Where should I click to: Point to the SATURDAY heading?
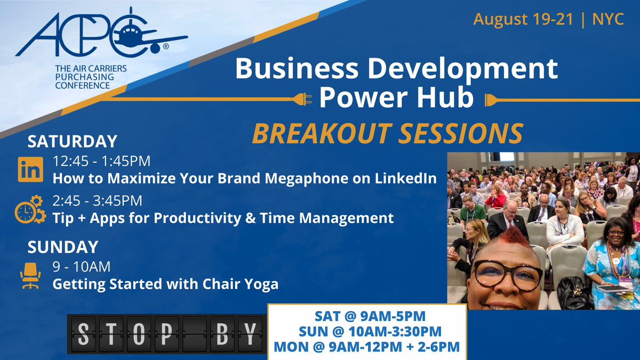pyautogui.click(x=72, y=141)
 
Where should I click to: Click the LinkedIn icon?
pyautogui.click(x=30, y=170)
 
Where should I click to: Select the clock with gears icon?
pyautogui.click(x=30, y=209)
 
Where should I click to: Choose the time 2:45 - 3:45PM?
pyautogui.click(x=97, y=202)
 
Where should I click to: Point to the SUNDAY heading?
pyautogui.click(x=63, y=247)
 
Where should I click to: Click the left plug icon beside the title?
pyautogui.click(x=302, y=99)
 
